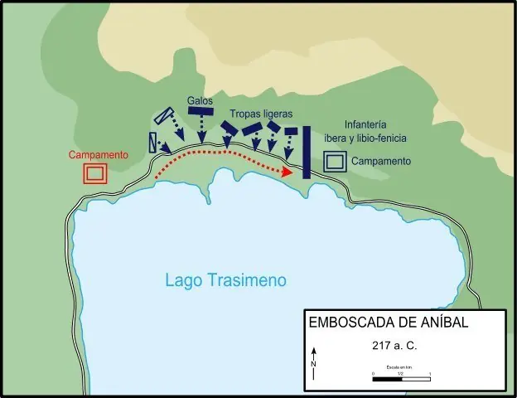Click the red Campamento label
98,155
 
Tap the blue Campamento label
380,160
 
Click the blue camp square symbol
335,162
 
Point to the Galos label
200,100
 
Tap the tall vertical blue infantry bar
306,152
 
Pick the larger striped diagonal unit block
166,117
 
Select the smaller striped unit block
153,142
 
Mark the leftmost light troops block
230,127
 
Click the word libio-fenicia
385,138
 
